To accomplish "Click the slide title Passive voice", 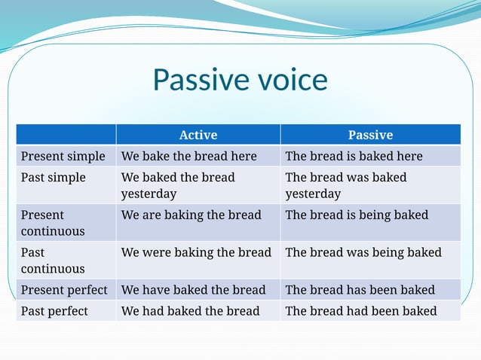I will (x=240, y=80).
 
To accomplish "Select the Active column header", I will (x=198, y=135).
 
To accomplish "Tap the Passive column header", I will (x=370, y=135).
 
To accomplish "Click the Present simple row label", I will (x=63, y=156).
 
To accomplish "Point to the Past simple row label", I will (x=54, y=177).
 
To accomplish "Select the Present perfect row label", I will (x=64, y=289).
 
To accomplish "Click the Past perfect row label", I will (x=54, y=310).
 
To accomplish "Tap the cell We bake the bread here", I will (x=189, y=156).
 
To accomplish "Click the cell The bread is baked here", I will (x=354, y=156).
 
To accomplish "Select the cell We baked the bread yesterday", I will (x=178, y=185).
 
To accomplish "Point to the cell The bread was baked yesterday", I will (x=346, y=185).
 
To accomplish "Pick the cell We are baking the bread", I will (x=191, y=215).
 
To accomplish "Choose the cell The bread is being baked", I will (x=357, y=215).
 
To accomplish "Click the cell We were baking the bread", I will (x=196, y=252).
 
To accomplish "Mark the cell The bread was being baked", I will (x=363, y=252).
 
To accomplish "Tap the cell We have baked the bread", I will (x=194, y=289).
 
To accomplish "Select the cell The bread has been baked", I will (x=360, y=289).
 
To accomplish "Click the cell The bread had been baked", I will (x=361, y=310).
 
